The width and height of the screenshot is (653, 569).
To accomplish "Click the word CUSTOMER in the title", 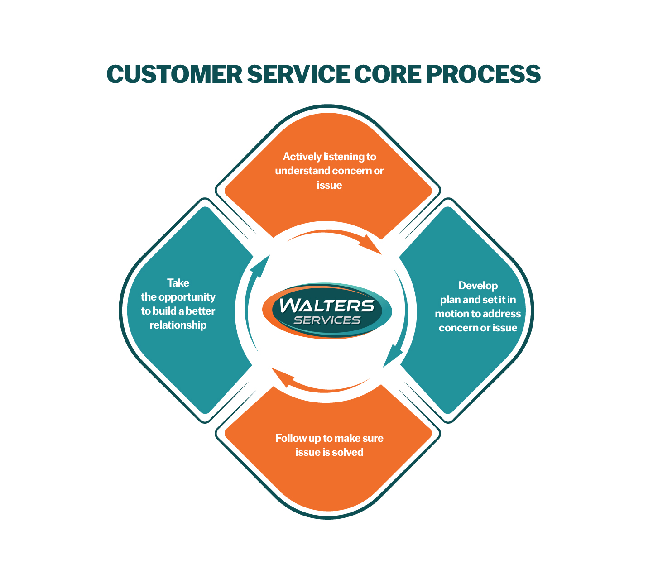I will [x=174, y=74].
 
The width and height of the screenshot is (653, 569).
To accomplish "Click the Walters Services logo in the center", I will [x=327, y=311].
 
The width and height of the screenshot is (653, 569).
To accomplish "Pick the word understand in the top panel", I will [x=302, y=171].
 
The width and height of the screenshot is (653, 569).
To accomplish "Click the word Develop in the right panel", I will [x=478, y=286].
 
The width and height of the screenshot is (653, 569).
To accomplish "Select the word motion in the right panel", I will [x=451, y=314].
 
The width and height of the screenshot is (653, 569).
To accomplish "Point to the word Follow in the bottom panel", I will [x=290, y=438].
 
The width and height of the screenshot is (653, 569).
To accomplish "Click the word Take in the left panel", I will [x=178, y=283].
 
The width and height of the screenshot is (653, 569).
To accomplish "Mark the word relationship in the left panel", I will [x=178, y=325].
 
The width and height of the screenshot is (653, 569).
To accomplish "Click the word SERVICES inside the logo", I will [x=327, y=320].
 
